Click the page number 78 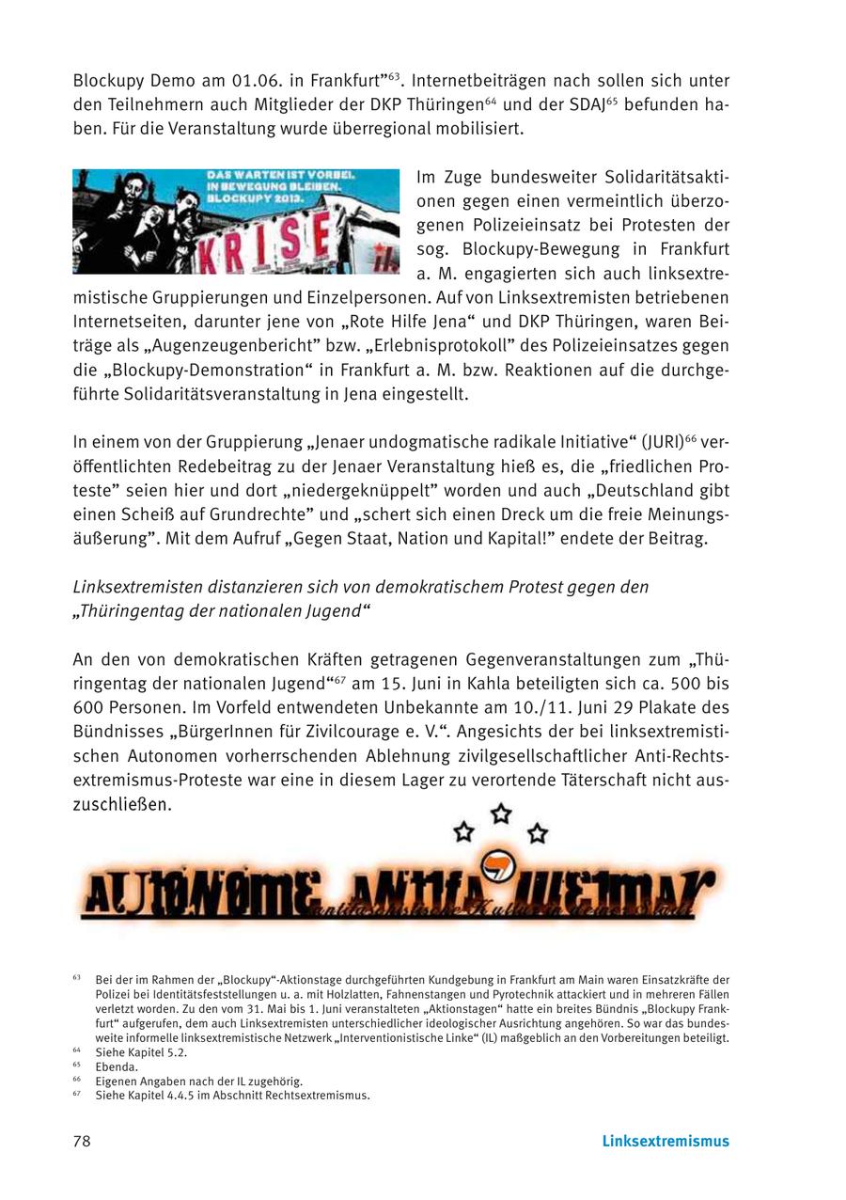pyautogui.click(x=82, y=1142)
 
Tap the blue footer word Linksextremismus pyautogui.click(x=665, y=1142)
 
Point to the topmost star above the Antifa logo pyautogui.click(x=502, y=813)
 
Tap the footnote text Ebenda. pyautogui.click(x=117, y=1067)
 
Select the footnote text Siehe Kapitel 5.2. pyautogui.click(x=141, y=1053)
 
